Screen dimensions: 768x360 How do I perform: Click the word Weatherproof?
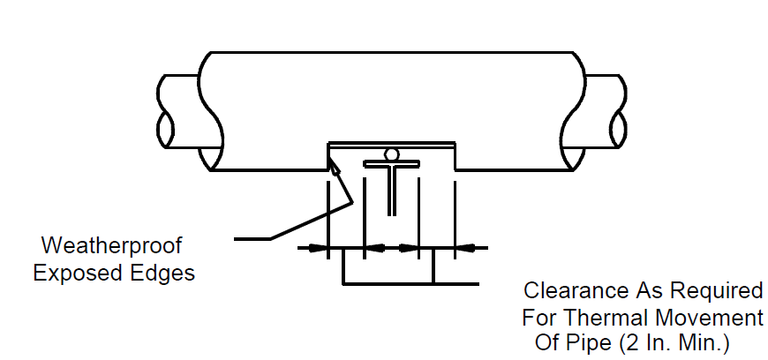click(112, 245)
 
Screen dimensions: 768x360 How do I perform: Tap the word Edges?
click(162, 273)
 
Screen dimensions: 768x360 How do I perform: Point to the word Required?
click(717, 290)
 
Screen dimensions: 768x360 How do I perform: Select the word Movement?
click(710, 318)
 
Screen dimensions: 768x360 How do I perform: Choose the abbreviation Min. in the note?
click(699, 343)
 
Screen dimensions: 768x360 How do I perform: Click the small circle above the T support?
click(391, 154)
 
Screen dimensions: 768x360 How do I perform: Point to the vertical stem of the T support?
click(391, 191)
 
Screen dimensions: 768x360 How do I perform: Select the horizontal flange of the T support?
click(391, 164)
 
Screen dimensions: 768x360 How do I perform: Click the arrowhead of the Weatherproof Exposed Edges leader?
click(333, 168)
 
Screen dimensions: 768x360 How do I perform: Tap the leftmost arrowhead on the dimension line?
click(319, 248)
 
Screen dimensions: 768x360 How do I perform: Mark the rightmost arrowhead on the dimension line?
click(465, 248)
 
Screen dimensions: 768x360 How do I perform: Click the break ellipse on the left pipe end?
click(166, 130)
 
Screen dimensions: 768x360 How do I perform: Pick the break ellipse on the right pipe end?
click(618, 130)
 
